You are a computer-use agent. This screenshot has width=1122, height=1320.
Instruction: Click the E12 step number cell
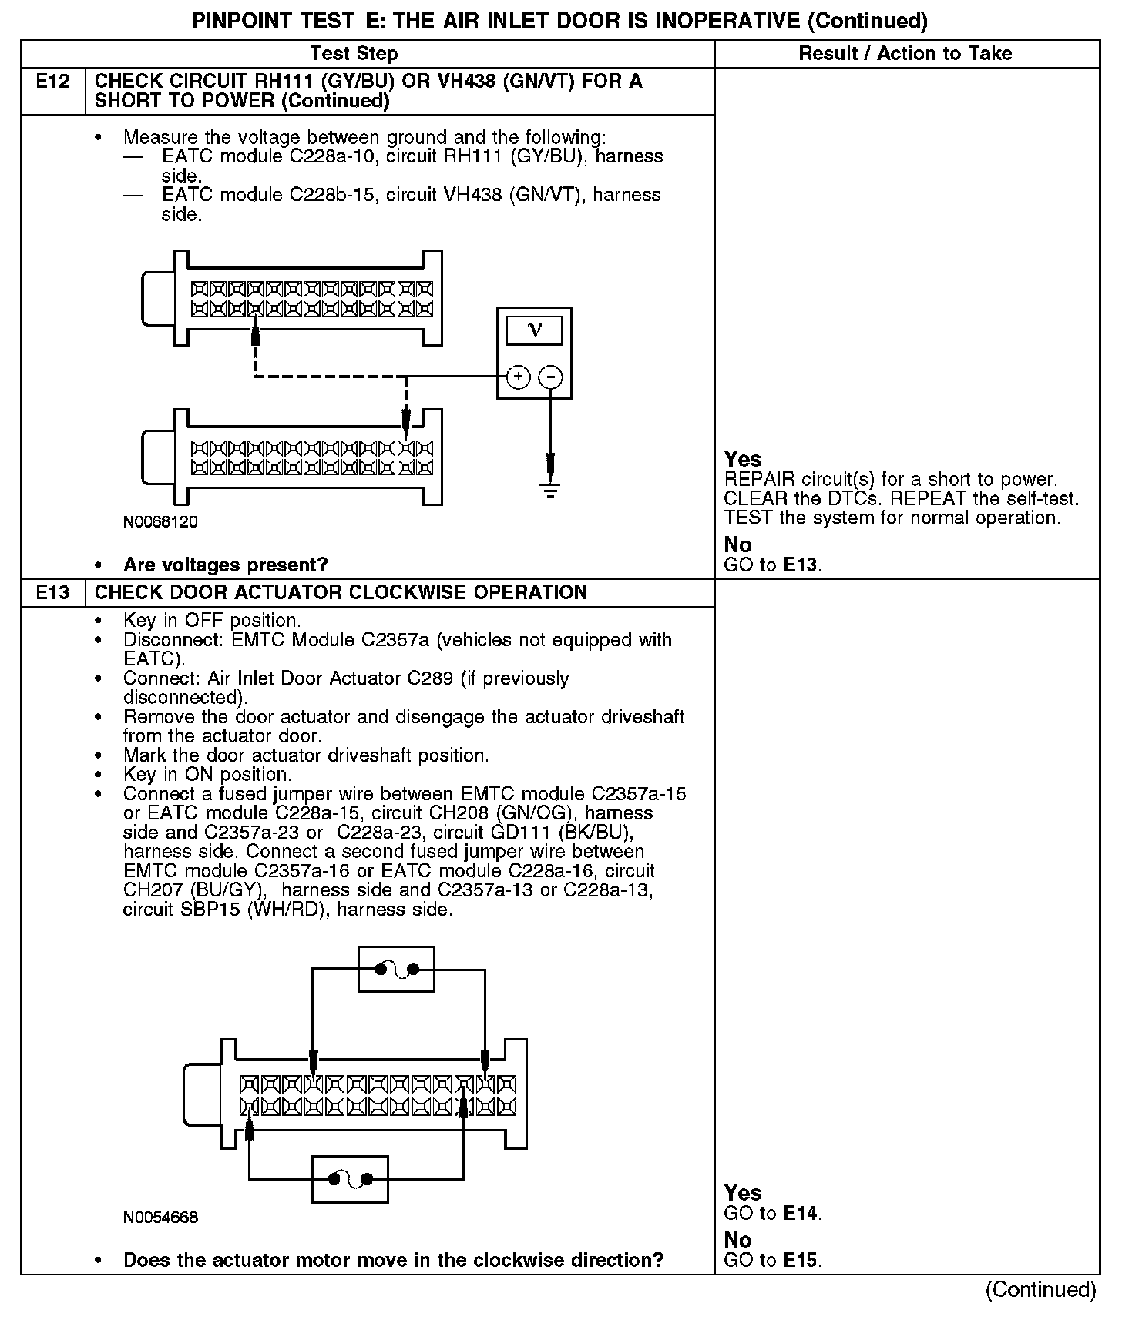tap(52, 82)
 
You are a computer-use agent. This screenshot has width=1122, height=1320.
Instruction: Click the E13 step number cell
tap(52, 592)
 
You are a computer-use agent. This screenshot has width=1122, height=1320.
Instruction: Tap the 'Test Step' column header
tap(354, 53)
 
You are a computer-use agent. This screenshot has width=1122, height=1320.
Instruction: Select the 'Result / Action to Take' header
tap(905, 53)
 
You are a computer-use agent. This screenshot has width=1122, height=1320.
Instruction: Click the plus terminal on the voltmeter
tap(518, 377)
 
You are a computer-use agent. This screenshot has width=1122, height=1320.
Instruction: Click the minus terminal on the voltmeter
tap(550, 377)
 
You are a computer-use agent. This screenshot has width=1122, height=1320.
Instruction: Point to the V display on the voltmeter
tap(534, 330)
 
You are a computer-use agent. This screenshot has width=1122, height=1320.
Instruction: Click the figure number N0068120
tap(160, 522)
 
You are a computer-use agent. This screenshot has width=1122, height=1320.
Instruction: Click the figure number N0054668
tap(160, 1218)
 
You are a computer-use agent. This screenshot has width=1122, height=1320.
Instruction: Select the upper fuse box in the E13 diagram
tap(396, 969)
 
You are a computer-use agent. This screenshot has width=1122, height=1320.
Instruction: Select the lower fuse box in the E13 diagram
tap(350, 1179)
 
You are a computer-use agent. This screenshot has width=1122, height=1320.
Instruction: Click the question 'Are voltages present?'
tap(225, 565)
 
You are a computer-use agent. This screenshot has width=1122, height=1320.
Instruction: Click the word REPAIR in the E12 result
tap(758, 480)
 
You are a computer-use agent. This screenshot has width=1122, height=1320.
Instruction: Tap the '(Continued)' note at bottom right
tap(1040, 1289)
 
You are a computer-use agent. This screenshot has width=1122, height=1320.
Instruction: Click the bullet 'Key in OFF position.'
tap(212, 620)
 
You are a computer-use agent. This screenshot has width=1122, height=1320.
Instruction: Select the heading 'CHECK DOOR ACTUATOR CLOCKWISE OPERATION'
tap(341, 592)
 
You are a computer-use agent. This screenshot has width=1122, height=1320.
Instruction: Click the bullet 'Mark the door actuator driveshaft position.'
tap(306, 755)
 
